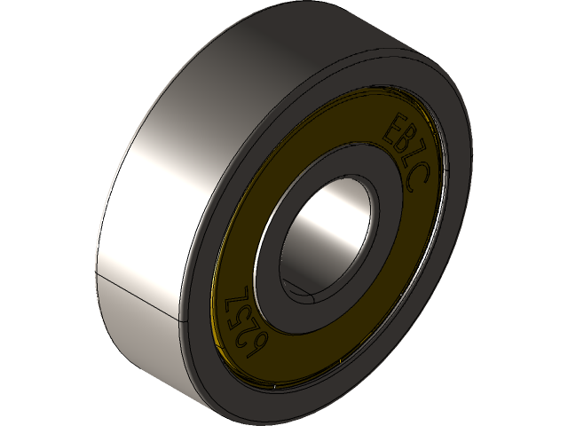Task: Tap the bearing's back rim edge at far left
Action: tap(100, 222)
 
